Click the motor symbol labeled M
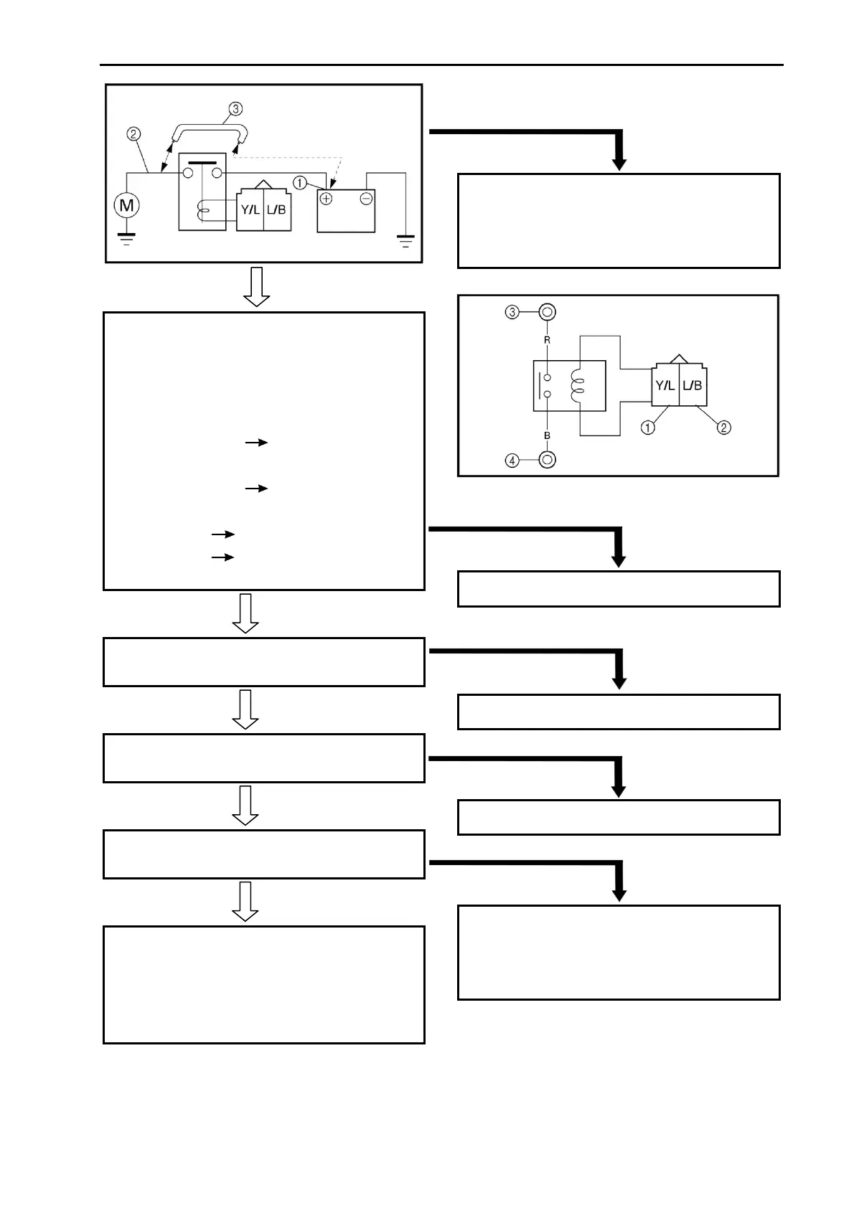[x=126, y=206]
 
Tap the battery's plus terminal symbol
[x=327, y=199]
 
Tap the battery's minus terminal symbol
[x=366, y=199]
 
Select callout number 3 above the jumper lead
[x=235, y=109]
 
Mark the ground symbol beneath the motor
[x=126, y=238]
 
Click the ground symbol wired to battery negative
[x=406, y=241]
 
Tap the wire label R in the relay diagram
[x=547, y=340]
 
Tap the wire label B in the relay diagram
[x=547, y=435]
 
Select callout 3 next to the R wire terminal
[x=512, y=312]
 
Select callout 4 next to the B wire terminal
[x=512, y=460]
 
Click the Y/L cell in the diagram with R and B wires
[x=665, y=386]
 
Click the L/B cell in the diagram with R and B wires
[x=693, y=386]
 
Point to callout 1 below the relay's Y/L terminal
[x=647, y=428]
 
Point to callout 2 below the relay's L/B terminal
[x=725, y=428]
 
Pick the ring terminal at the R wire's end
[x=547, y=312]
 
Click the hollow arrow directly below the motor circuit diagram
[x=256, y=287]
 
